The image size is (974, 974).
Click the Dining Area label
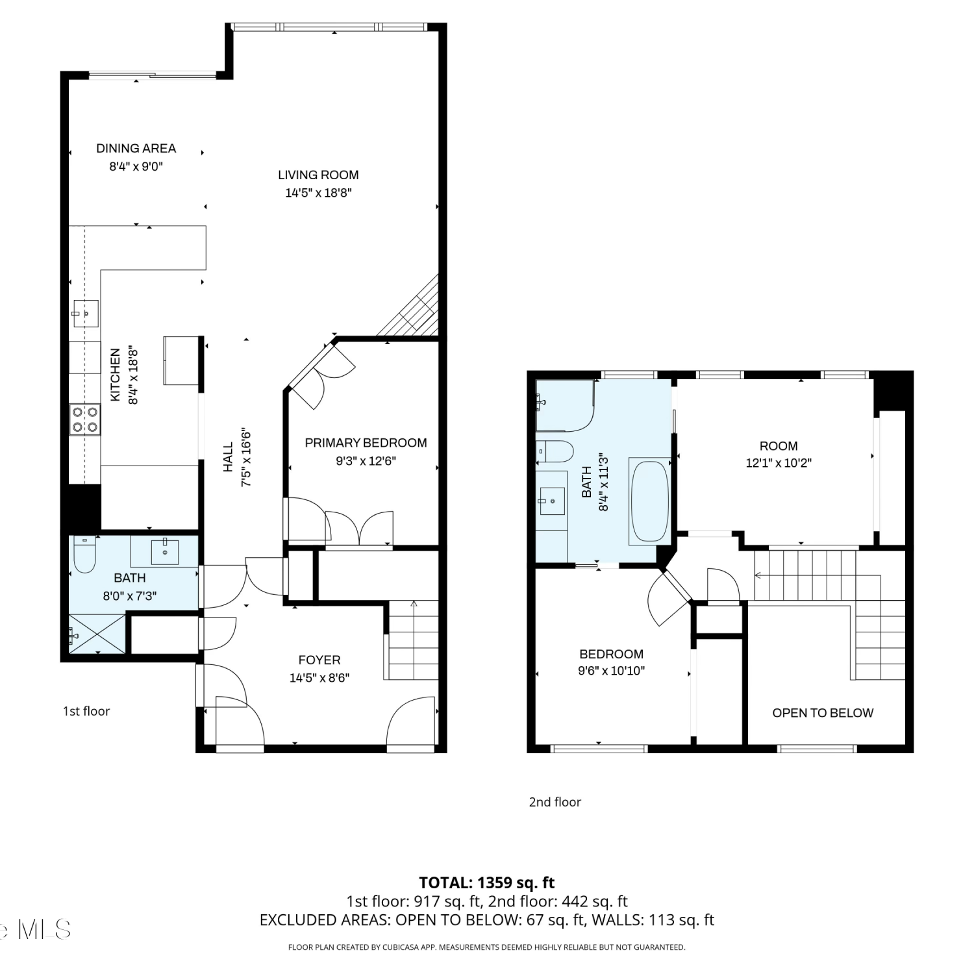[x=136, y=148]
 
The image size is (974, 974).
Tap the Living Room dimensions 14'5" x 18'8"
[x=318, y=193]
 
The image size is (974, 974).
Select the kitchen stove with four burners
[x=85, y=419]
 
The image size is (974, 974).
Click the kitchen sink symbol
[x=85, y=314]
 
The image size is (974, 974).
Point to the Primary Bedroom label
[x=366, y=443]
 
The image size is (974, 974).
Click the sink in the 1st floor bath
[x=164, y=551]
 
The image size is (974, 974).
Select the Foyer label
[x=319, y=660]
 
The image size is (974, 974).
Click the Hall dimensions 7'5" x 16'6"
[x=246, y=458]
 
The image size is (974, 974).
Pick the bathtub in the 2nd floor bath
[x=650, y=500]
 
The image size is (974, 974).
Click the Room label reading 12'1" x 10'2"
[x=779, y=446]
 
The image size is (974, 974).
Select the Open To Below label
[x=823, y=713]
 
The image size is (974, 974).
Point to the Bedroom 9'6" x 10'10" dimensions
[x=612, y=671]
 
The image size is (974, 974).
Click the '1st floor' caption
[x=86, y=711]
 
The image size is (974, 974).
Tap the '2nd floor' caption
[x=555, y=802]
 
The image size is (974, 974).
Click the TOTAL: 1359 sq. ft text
[x=487, y=882]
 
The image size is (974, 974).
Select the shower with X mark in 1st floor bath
[x=97, y=632]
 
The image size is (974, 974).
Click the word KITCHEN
[x=116, y=375]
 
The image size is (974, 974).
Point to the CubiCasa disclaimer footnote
[x=487, y=947]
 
